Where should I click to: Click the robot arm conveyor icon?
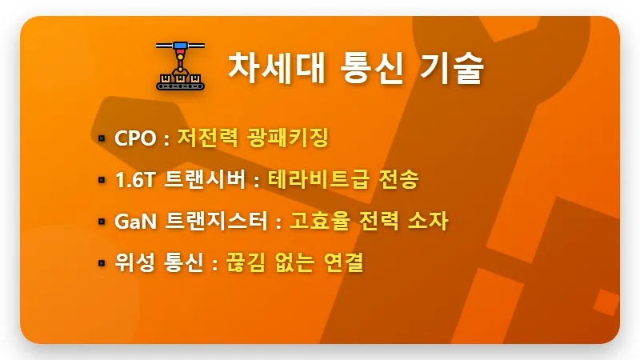point(180,65)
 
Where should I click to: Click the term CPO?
point(135,138)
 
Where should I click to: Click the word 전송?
point(399,180)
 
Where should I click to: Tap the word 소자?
point(429,222)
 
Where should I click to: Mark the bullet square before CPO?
point(102,138)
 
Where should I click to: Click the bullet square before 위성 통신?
point(102,263)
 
